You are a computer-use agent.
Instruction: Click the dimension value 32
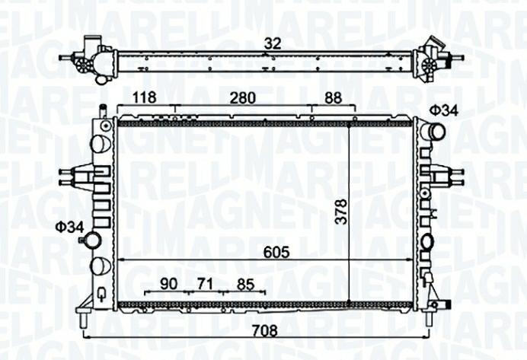pyautogui.click(x=272, y=43)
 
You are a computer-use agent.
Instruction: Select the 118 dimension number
pyautogui.click(x=144, y=97)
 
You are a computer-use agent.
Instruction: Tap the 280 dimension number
pyautogui.click(x=242, y=97)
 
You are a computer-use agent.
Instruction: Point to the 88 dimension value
pyautogui.click(x=334, y=97)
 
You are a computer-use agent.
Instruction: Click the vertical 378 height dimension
pyautogui.click(x=341, y=212)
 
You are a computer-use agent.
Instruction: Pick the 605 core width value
pyautogui.click(x=276, y=252)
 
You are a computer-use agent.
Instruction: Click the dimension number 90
pyautogui.click(x=169, y=284)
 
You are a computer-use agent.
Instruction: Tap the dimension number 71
pyautogui.click(x=205, y=284)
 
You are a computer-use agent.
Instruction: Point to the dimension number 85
pyautogui.click(x=245, y=285)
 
